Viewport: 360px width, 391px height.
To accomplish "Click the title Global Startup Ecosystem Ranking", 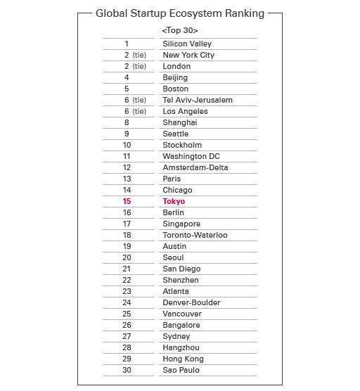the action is coord(179,13).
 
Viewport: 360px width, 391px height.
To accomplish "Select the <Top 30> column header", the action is coord(180,30).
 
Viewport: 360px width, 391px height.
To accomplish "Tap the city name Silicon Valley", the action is coord(187,44).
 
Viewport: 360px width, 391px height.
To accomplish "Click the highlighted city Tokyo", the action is coord(174,201).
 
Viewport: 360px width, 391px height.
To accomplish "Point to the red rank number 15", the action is coord(127,201).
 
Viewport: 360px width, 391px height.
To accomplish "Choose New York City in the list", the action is coord(188,55).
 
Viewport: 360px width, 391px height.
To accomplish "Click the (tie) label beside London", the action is coord(139,66).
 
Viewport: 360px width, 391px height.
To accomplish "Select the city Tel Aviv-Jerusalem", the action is coord(198,100).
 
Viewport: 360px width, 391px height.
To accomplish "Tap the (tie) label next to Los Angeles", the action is coord(139,111).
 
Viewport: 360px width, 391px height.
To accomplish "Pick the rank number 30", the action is coord(127,370).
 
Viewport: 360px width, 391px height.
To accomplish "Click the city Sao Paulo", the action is coord(181,370).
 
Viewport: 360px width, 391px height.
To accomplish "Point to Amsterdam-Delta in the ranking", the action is coord(195,167).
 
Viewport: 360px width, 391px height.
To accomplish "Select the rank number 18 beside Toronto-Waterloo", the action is coord(127,235).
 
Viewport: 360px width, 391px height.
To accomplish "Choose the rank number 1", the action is coord(127,44).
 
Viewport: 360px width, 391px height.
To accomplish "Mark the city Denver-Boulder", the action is coord(191,302).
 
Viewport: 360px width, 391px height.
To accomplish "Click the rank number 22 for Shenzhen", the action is coord(127,280).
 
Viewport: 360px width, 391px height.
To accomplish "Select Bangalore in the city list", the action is coord(181,325).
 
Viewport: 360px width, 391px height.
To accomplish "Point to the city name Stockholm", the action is coord(182,145).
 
